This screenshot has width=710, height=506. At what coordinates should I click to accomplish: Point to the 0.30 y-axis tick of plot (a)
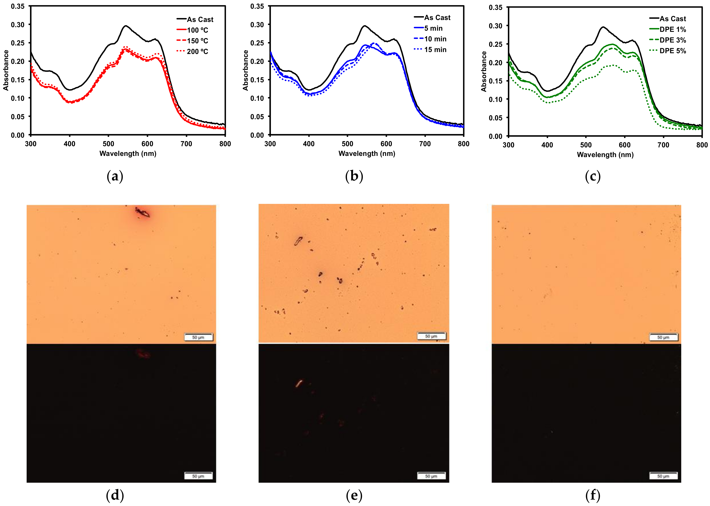(18, 25)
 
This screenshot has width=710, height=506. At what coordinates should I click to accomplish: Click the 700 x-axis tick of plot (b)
(425, 144)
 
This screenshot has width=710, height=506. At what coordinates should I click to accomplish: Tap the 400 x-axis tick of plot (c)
(547, 145)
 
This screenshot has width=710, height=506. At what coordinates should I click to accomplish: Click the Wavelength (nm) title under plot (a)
(128, 153)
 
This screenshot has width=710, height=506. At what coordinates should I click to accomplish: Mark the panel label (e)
(354, 495)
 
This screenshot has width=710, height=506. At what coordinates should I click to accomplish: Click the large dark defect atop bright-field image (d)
(142, 212)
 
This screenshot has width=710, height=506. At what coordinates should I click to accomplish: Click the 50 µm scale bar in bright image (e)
(431, 336)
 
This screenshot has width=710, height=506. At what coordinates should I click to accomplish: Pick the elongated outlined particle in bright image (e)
(298, 241)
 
